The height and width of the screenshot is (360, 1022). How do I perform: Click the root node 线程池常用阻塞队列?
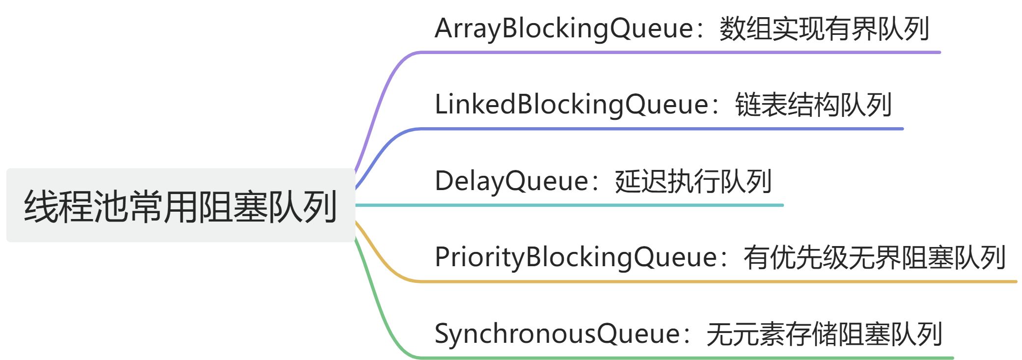[x=180, y=205]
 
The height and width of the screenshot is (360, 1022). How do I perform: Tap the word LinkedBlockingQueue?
[x=572, y=105]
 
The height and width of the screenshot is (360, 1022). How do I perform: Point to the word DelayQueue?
[x=511, y=181]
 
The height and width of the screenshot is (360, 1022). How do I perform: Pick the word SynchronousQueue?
[x=557, y=334]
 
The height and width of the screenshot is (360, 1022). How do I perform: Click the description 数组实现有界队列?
[x=824, y=28]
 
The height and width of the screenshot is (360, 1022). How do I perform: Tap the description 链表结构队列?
[x=813, y=105]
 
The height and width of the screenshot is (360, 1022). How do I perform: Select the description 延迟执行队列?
[x=693, y=181]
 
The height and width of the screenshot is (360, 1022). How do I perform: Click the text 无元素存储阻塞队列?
[x=824, y=334]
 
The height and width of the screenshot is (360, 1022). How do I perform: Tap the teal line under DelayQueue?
[x=569, y=205]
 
